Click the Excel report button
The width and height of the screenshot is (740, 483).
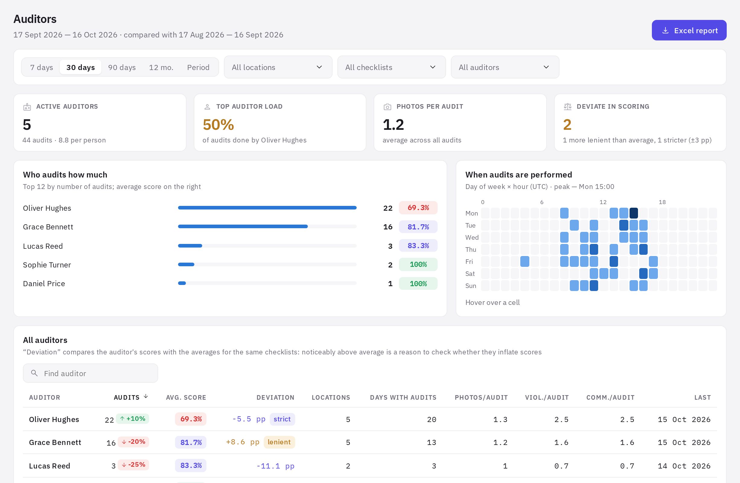689,30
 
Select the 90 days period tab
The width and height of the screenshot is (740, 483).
122,67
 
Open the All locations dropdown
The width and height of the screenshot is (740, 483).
278,67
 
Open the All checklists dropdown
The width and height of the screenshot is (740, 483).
391,67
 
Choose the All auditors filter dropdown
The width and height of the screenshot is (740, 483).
505,67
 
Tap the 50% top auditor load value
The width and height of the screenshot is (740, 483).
218,125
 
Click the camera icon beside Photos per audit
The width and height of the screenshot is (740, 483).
388,107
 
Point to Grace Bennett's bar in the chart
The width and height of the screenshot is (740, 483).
243,226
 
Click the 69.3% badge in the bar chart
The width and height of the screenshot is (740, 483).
418,208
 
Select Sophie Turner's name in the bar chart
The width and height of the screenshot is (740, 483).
47,265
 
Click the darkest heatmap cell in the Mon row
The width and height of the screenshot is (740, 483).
634,213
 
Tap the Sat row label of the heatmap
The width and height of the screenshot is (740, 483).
470,274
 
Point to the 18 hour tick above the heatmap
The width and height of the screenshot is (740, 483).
662,202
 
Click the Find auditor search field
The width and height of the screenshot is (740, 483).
91,373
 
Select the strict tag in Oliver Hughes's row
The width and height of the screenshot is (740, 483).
282,419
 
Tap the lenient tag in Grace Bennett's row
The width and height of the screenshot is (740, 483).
279,442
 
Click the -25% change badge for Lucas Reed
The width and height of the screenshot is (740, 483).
133,465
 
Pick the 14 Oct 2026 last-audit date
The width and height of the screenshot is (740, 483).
684,466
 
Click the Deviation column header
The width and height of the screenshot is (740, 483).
275,398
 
